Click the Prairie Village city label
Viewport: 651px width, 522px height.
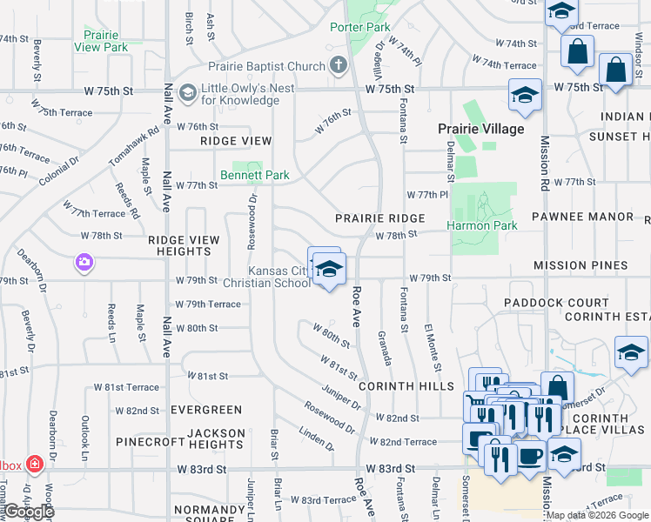pyautogui.click(x=480, y=129)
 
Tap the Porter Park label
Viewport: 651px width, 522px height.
pyautogui.click(x=359, y=27)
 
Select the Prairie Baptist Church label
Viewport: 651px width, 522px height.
pyautogui.click(x=265, y=66)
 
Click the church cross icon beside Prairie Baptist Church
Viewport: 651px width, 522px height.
pyautogui.click(x=339, y=65)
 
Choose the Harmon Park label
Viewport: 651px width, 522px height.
pyautogui.click(x=482, y=225)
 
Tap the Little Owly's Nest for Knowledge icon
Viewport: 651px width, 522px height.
pyautogui.click(x=187, y=92)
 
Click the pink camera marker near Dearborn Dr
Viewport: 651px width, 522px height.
pyautogui.click(x=84, y=261)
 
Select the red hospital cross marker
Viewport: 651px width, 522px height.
pyautogui.click(x=35, y=465)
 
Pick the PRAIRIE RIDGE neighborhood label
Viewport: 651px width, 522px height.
pyautogui.click(x=381, y=218)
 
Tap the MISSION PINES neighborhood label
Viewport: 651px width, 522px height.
pyautogui.click(x=580, y=265)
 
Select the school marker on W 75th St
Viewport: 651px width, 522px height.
pyautogui.click(x=525, y=95)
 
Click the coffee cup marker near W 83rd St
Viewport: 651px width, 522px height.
pyautogui.click(x=529, y=455)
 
